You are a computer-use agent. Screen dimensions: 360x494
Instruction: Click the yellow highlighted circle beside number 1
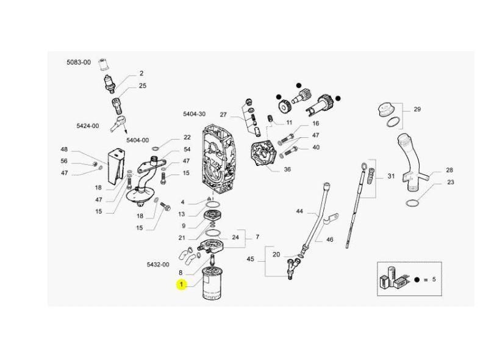[x=181, y=284]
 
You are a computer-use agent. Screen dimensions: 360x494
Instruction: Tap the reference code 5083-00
[x=78, y=62]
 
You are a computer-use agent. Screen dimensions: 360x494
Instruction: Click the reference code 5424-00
[x=87, y=126]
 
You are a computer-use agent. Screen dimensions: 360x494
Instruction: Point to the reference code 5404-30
[x=194, y=114]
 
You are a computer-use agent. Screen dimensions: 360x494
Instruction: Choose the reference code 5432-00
[x=157, y=265]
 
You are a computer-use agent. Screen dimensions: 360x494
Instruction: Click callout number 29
[x=417, y=110]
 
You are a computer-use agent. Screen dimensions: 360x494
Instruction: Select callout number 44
[x=299, y=211]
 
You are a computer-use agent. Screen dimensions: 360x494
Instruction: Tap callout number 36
[x=287, y=170]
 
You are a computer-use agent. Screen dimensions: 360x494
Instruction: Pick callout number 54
[x=187, y=149]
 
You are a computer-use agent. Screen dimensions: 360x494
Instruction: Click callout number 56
[x=64, y=162]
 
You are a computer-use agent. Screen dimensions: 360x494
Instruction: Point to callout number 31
[x=392, y=176]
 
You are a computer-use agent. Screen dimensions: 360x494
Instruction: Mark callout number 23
[x=450, y=182]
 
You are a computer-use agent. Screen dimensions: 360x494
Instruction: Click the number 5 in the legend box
[x=435, y=279]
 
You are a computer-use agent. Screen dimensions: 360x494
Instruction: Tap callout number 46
[x=329, y=240]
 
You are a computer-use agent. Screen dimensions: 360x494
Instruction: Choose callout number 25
[x=142, y=86]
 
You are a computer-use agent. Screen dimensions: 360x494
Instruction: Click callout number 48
[x=64, y=150]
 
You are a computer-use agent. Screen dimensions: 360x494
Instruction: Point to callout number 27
[x=223, y=115]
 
